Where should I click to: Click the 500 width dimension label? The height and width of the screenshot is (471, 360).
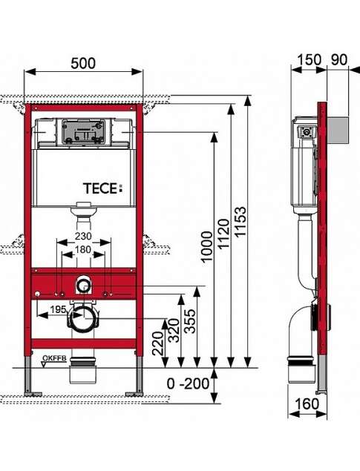(x=83, y=63)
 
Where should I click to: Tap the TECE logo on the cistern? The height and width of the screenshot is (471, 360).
(x=103, y=188)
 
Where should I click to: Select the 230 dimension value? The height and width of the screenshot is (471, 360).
(x=83, y=236)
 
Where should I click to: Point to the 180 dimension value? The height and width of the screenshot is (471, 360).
(x=83, y=250)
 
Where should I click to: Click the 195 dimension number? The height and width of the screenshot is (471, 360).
(x=58, y=309)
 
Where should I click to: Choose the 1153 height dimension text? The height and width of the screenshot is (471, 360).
(x=240, y=222)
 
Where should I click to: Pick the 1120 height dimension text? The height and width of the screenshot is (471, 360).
(x=223, y=234)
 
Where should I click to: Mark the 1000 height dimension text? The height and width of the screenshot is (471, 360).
(x=207, y=247)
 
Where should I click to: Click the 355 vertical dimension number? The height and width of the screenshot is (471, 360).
(x=189, y=321)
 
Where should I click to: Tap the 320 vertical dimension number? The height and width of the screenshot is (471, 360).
(x=174, y=330)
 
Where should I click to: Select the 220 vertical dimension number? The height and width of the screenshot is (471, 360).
(x=158, y=343)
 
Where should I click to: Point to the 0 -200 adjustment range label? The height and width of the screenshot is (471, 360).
(x=188, y=383)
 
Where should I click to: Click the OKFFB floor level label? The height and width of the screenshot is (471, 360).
(x=54, y=358)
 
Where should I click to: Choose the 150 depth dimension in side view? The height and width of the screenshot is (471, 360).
(x=309, y=59)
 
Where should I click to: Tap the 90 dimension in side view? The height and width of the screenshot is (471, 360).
(x=339, y=59)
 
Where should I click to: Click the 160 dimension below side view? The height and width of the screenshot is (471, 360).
(x=307, y=404)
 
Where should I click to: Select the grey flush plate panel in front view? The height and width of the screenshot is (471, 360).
(x=83, y=131)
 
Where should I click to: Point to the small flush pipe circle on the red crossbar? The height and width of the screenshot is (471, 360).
(x=84, y=286)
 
